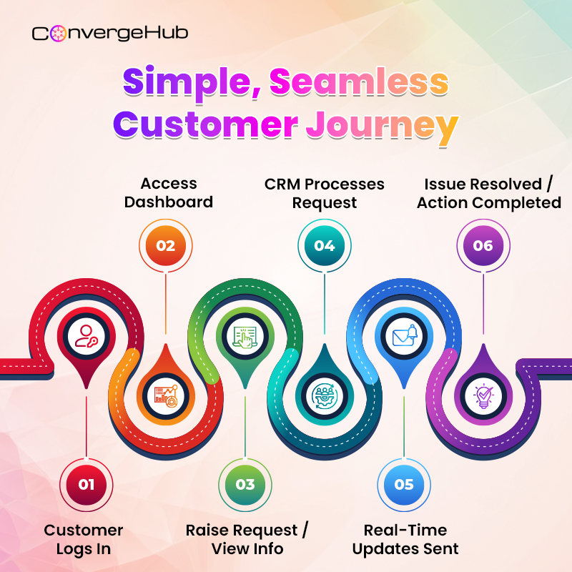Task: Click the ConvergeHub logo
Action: point(110,33)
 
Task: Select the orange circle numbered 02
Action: point(165,245)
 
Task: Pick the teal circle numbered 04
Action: point(324,245)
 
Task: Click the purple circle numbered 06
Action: point(483,245)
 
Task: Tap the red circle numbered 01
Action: point(86,484)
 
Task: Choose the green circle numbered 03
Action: point(245,484)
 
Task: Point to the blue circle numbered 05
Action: point(403,484)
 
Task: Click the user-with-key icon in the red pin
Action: point(87,335)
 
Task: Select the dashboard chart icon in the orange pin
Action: point(165,394)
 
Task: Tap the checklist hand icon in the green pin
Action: point(245,335)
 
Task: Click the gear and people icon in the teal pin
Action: point(324,394)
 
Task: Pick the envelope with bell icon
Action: point(403,335)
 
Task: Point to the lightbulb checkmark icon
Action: point(483,394)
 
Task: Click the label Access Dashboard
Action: point(169,193)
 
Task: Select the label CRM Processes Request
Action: point(325,193)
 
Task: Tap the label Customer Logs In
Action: point(84,539)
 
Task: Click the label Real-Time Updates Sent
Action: point(405,539)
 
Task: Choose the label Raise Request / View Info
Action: point(247,539)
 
